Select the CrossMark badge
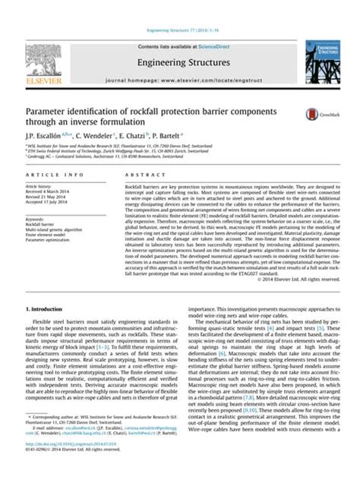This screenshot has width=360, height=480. click(x=314, y=115)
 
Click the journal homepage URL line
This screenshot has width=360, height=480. click(x=180, y=58)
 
